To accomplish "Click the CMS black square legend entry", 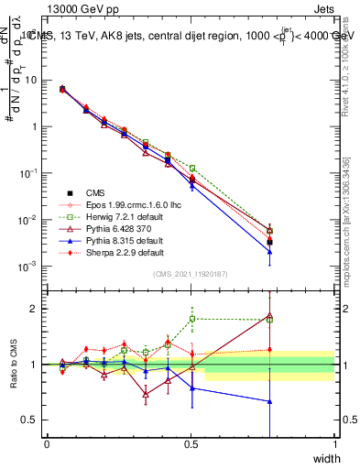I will click(x=95, y=192).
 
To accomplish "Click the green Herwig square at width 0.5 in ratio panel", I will click(x=191, y=319).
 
